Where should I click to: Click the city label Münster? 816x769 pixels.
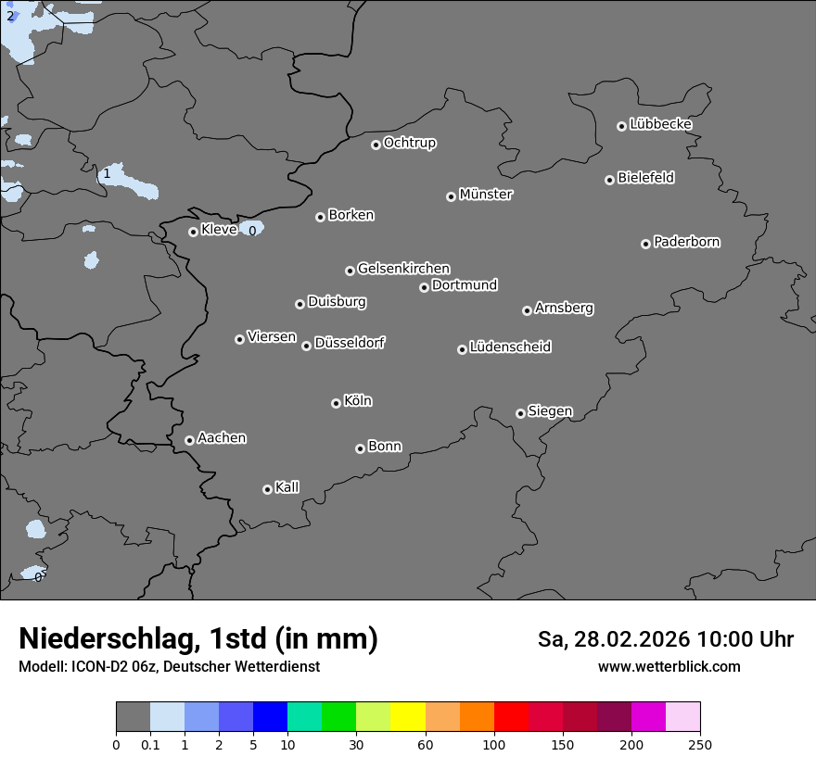click(486, 195)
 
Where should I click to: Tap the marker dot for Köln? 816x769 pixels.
click(336, 403)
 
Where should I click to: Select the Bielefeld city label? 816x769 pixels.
click(645, 178)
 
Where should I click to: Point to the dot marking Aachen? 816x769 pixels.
click(189, 440)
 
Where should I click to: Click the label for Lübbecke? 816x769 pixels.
click(660, 124)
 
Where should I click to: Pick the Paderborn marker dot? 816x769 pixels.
click(645, 244)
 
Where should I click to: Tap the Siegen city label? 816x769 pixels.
click(550, 411)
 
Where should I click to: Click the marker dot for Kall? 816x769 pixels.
click(267, 489)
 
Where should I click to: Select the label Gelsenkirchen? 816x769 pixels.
click(403, 269)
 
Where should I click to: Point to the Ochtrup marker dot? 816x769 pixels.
click(376, 145)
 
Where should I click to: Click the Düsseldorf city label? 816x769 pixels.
click(350, 343)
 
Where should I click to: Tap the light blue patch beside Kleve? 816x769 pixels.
click(251, 227)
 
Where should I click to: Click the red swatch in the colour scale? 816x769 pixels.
click(511, 717)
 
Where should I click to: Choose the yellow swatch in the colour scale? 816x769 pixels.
click(408, 717)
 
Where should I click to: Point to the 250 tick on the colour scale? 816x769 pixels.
click(700, 744)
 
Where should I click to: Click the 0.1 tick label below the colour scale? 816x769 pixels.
click(150, 744)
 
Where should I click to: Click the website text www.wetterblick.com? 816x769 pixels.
click(669, 666)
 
